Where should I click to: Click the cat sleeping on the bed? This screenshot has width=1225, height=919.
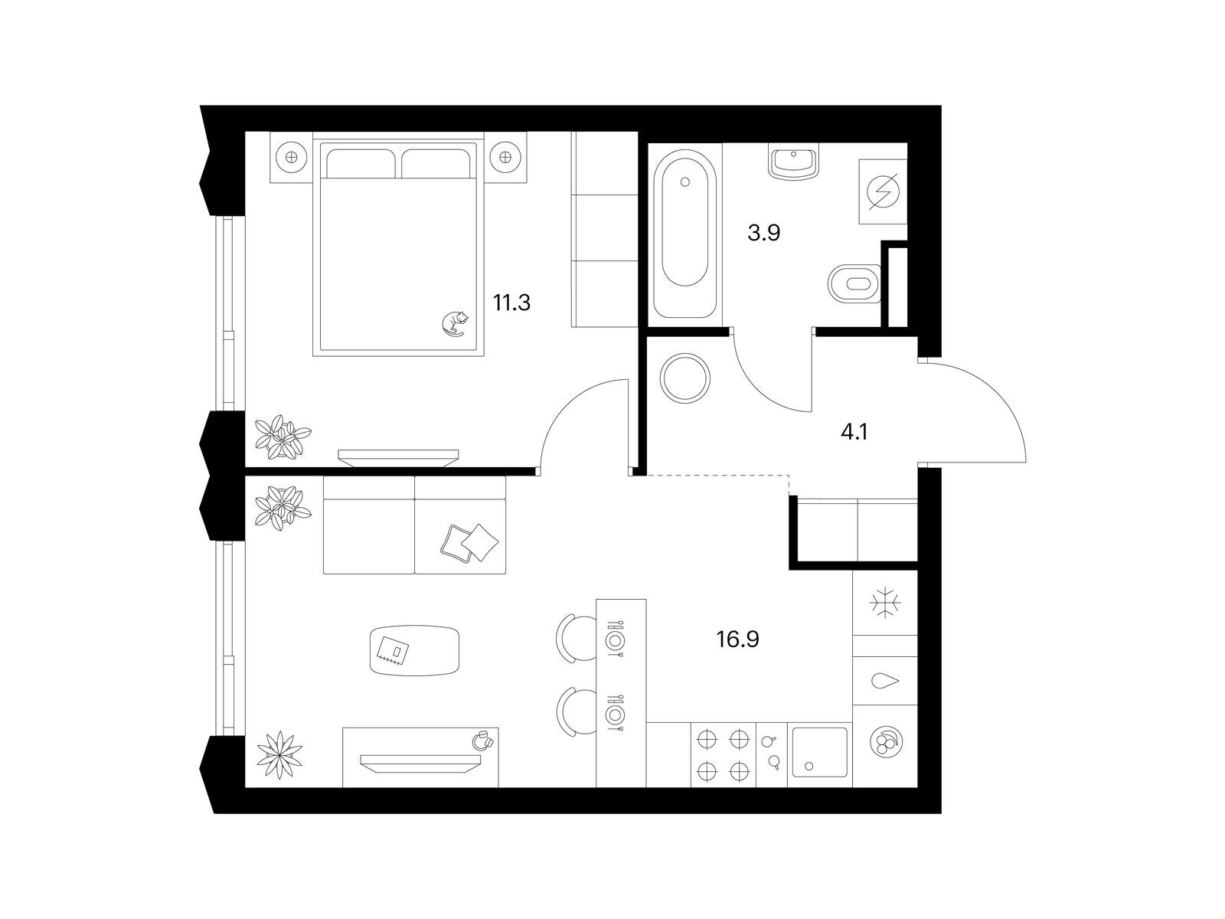point(454,324)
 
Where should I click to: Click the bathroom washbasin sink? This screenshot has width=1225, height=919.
point(793,162)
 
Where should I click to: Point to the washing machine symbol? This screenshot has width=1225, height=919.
point(884,191)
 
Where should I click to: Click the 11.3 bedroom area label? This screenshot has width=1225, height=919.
point(511,303)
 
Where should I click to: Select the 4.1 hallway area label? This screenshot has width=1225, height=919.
point(854,432)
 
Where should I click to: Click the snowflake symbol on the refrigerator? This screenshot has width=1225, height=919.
point(885,603)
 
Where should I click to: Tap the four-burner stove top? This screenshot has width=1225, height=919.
point(723,755)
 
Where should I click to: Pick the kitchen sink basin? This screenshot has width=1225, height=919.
point(819,753)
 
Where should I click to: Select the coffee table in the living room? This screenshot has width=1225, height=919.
point(415,651)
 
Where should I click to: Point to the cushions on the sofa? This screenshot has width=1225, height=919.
point(469,542)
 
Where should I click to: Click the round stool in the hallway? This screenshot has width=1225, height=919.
point(684,378)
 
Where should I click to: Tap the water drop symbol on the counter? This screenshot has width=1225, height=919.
point(884,681)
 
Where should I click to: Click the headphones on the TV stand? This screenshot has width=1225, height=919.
point(483,741)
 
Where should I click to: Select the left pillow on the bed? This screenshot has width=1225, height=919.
point(362,163)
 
